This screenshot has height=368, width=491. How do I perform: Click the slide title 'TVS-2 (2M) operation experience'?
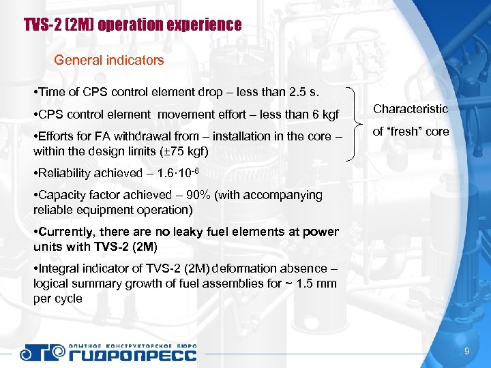(x=132, y=26)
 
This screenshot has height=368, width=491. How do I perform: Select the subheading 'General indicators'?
(x=109, y=60)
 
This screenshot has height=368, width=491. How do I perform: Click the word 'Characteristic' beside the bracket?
(x=410, y=109)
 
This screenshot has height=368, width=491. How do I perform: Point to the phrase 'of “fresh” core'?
(x=411, y=132)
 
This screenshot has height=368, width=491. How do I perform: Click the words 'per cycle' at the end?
(x=57, y=298)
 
